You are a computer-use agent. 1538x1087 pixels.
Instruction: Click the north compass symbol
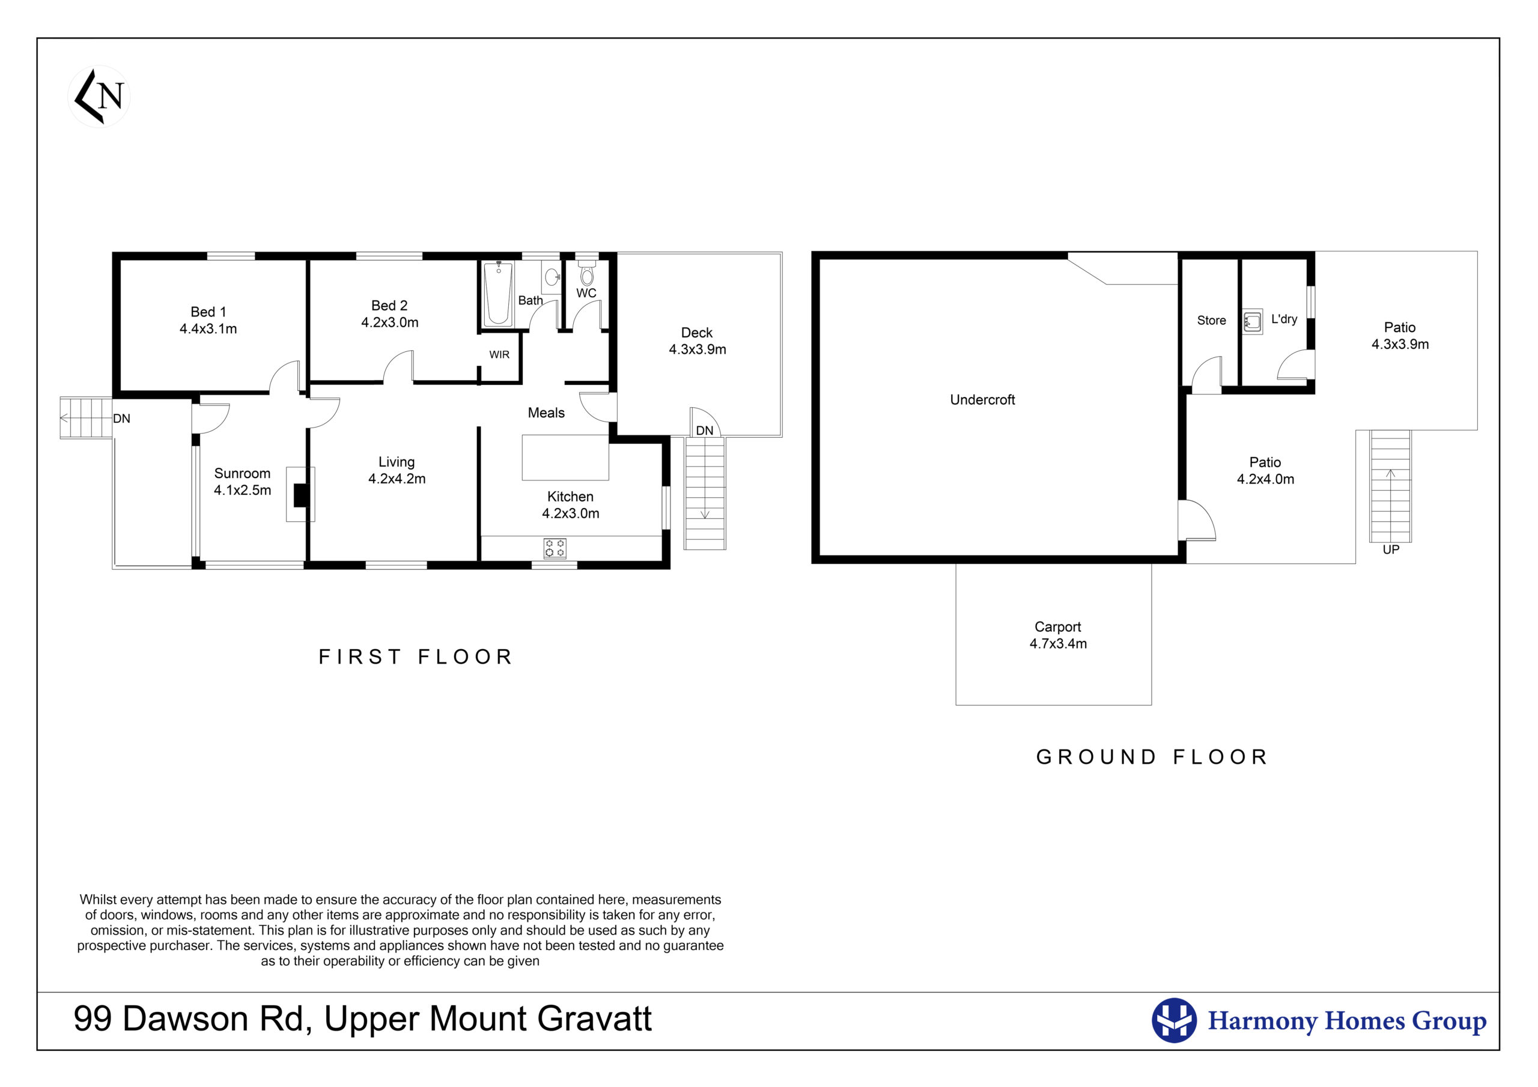point(99,97)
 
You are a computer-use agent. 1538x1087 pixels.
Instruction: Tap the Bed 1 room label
point(208,312)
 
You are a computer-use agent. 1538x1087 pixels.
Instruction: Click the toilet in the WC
point(587,273)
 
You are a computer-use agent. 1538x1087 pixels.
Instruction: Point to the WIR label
point(499,355)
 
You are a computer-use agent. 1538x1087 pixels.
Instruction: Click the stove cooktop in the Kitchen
point(555,548)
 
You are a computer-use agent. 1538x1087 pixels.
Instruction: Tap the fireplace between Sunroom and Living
point(301,494)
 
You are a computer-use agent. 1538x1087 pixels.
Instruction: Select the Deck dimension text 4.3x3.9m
point(698,350)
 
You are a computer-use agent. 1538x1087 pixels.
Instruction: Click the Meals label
point(546,413)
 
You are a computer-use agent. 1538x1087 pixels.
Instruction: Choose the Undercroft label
point(983,400)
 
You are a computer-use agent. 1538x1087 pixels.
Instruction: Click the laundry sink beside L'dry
point(1252,321)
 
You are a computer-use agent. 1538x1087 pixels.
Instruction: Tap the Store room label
point(1212,321)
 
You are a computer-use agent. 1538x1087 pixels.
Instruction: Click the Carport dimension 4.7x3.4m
point(1059,644)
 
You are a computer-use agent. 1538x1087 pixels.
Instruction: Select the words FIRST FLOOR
point(415,656)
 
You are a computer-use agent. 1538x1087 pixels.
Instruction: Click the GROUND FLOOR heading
point(1152,757)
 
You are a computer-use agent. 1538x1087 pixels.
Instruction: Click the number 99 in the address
point(93,1019)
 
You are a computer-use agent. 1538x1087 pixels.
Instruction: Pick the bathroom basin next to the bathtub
point(552,277)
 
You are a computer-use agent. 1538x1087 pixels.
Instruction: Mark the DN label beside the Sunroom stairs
point(121,419)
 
